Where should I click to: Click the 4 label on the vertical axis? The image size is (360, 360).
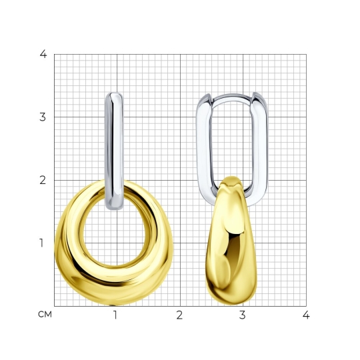coord(43,54)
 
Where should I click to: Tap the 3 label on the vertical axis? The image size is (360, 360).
coord(43,117)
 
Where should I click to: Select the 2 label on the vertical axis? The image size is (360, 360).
coord(43,180)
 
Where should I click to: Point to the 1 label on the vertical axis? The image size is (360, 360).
coord(41,243)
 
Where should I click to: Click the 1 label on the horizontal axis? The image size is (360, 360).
coord(115,315)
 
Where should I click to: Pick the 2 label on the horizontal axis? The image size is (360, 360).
coord(179,315)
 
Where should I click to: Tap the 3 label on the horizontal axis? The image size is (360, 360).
coord(243,315)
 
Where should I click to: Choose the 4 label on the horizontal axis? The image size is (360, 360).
coord(306,315)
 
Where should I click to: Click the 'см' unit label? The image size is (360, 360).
coord(45,315)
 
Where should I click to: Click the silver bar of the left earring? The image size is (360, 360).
coord(114,151)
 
